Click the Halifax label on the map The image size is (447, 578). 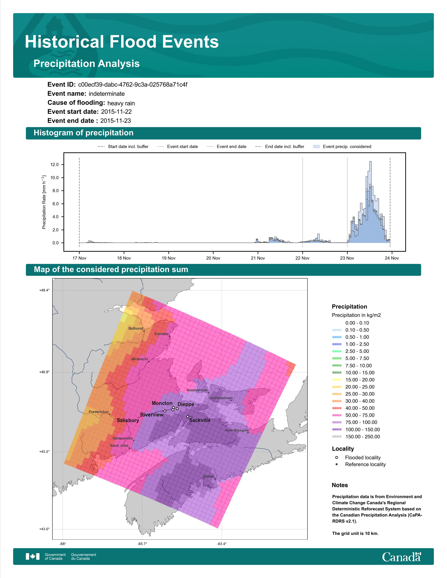click(x=208, y=476)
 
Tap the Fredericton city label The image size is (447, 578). click(x=99, y=412)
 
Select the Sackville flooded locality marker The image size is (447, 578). click(x=188, y=417)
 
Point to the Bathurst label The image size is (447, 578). click(x=136, y=328)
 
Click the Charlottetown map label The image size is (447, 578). click(x=220, y=398)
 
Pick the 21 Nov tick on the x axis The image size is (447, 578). click(x=258, y=258)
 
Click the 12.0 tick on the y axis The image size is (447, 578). click(x=55, y=165)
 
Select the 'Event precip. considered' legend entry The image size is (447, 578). click(x=342, y=147)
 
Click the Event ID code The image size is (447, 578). click(x=133, y=85)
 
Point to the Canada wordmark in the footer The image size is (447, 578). click(x=401, y=557)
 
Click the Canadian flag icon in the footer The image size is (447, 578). click(x=33, y=557)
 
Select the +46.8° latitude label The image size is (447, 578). click(x=44, y=372)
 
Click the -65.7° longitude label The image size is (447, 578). click(x=142, y=544)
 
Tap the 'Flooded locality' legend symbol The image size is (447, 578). click(x=337, y=457)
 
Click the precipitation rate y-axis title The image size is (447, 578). click(x=44, y=202)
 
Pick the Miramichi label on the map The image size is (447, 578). click(x=140, y=359)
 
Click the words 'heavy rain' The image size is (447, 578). click(x=121, y=103)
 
